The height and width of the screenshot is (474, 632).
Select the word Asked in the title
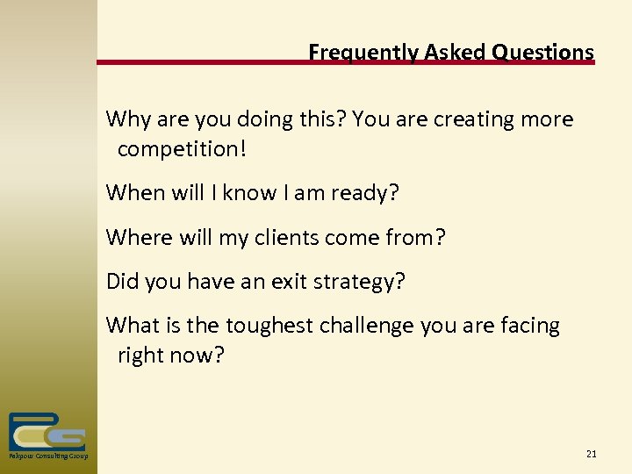[x=448, y=53]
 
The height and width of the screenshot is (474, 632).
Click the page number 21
[x=591, y=454]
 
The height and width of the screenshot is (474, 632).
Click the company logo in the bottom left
[x=47, y=432]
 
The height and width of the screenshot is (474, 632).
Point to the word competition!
[x=183, y=149]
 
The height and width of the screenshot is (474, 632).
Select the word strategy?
[x=362, y=281]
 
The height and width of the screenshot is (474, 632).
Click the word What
[x=131, y=326]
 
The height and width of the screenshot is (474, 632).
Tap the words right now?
[x=171, y=355]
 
